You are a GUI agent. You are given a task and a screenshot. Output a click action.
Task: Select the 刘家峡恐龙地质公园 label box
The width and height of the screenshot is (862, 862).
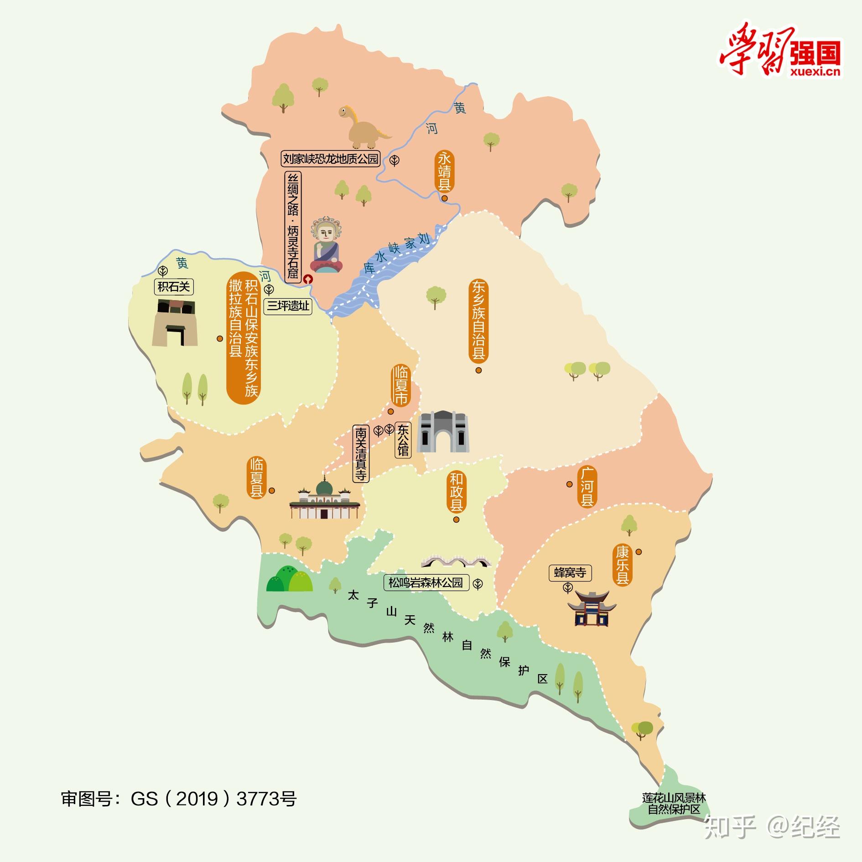(331, 159)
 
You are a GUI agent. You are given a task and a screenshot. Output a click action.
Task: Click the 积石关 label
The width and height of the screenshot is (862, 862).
(174, 286)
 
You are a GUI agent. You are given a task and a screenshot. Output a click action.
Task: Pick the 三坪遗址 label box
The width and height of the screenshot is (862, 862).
(288, 306)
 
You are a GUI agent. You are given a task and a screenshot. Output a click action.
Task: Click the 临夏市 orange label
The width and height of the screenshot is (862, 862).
(401, 386)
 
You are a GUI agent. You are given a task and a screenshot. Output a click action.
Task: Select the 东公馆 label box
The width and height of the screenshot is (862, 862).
(403, 441)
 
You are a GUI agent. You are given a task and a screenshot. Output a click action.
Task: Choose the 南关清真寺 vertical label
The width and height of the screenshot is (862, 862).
(361, 454)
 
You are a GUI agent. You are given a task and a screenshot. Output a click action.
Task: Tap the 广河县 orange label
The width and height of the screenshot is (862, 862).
(587, 487)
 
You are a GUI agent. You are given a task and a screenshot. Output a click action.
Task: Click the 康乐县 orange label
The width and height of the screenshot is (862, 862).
(623, 566)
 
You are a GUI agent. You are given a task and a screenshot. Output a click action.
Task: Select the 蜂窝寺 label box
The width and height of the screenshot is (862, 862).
(570, 573)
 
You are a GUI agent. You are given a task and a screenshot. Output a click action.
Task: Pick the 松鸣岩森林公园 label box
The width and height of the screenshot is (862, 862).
(426, 582)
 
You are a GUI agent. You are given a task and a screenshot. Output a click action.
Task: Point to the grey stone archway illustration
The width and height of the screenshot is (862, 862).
(443, 431)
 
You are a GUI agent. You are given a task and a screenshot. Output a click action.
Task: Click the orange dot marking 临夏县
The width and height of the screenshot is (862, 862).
(272, 491)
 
